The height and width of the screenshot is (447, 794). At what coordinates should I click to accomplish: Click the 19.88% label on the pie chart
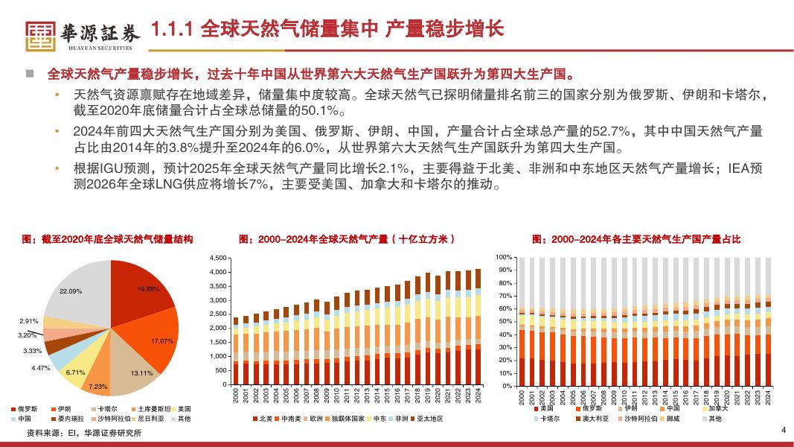tap(148, 288)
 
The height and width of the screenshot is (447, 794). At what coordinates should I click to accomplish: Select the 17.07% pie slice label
tap(161, 340)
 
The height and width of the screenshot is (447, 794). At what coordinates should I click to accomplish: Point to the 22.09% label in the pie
tap(70, 291)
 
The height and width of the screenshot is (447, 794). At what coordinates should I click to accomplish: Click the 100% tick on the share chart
tap(504, 257)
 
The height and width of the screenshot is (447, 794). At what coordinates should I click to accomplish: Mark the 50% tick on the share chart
tap(505, 322)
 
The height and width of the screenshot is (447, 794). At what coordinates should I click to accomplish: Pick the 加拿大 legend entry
tap(717, 408)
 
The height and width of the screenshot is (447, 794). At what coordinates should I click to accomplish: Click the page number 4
tap(783, 431)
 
